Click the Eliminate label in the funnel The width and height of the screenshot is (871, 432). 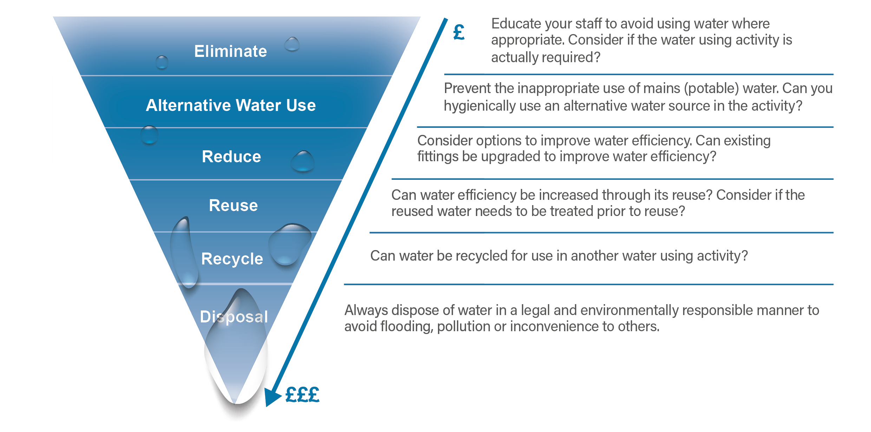[231, 51]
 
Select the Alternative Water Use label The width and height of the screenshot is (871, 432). [231, 105]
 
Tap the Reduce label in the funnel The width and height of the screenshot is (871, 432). [231, 157]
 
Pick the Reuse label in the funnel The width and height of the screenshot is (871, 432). [234, 205]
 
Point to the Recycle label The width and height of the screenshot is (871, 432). [232, 259]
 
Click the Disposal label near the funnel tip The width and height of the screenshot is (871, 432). [234, 317]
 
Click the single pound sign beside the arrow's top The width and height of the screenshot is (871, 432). [459, 32]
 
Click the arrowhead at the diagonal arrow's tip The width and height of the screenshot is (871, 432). [272, 397]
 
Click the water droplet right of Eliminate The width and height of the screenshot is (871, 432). [292, 44]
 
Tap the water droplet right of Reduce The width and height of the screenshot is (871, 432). [302, 161]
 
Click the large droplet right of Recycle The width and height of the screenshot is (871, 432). [289, 244]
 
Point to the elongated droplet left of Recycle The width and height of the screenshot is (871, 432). [184, 252]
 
